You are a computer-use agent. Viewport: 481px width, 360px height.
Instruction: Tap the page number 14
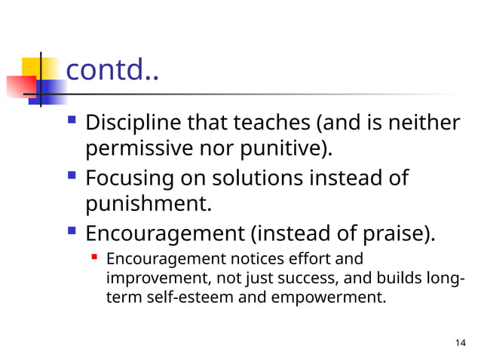tap(461, 344)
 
